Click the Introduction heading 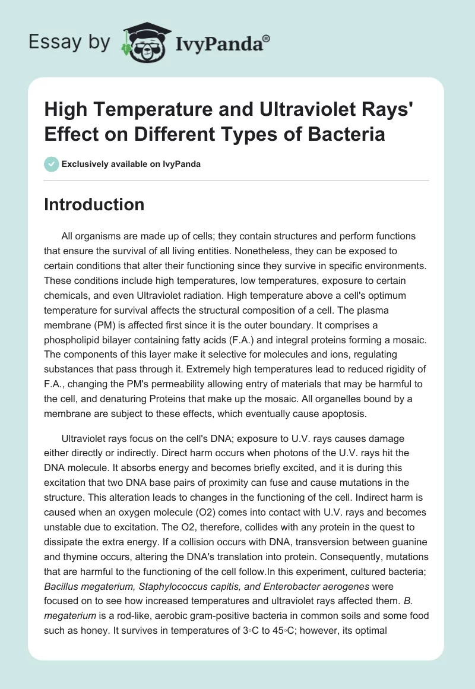(x=94, y=204)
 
